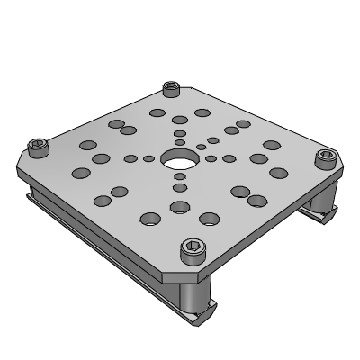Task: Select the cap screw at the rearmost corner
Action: tap(171, 89)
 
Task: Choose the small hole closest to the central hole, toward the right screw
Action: tap(210, 158)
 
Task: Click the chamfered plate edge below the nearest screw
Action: tap(192, 269)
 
